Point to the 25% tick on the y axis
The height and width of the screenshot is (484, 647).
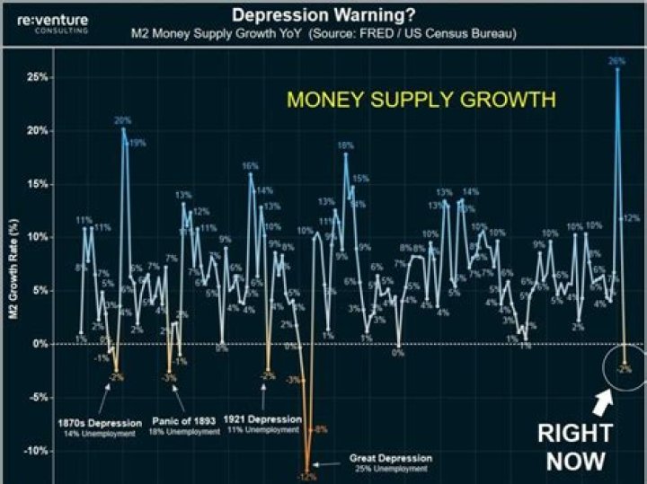coord(36,77)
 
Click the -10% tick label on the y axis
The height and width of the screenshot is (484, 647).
coord(34,451)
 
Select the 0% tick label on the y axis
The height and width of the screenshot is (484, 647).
coord(40,344)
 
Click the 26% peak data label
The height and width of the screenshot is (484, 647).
coord(616,61)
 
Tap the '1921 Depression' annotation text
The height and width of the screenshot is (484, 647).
coord(264,418)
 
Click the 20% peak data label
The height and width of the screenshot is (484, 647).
coord(122,120)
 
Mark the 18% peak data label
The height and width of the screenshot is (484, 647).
coord(345,145)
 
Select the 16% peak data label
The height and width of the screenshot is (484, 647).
coord(250,166)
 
